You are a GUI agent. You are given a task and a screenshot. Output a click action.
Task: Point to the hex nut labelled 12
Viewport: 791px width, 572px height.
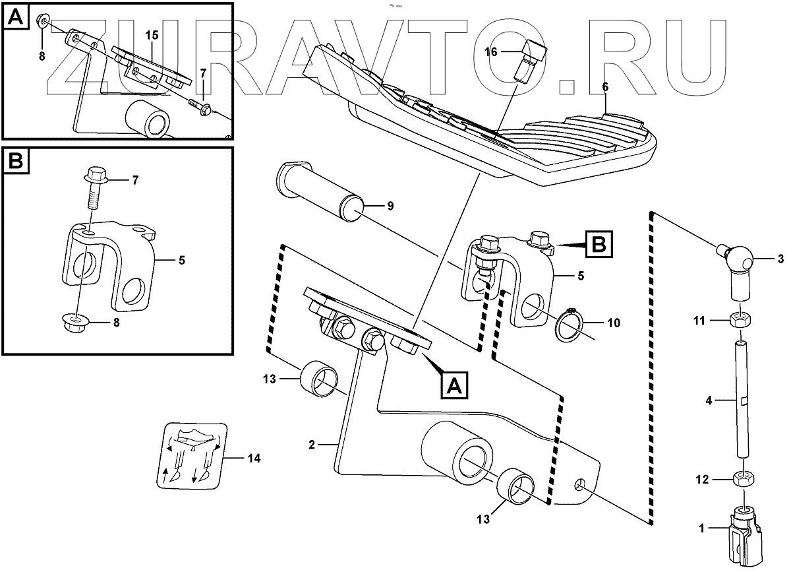pos(742,480)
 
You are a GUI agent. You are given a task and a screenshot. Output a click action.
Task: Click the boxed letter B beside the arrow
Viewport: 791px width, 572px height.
pos(599,244)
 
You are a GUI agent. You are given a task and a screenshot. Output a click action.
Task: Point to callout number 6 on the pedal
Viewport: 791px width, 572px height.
pos(606,87)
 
